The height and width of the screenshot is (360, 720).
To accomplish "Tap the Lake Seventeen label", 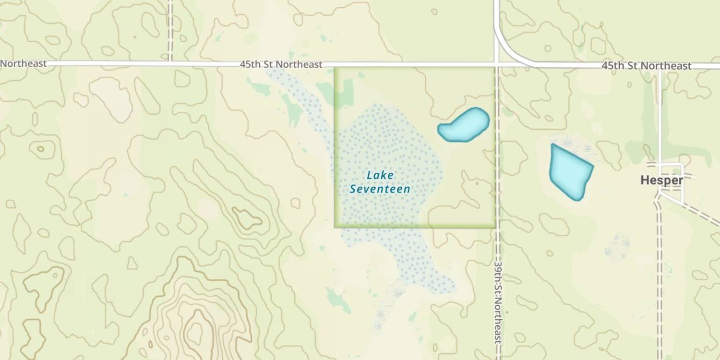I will tap(380, 182).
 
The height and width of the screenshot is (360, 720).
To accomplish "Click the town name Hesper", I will tap(661, 180).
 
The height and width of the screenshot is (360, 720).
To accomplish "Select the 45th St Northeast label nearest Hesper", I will tap(646, 66).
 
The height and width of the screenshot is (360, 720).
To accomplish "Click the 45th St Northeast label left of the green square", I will tap(281, 64).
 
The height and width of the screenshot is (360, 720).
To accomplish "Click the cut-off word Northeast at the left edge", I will tap(23, 63).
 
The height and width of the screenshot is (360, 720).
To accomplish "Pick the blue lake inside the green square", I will tap(464, 125).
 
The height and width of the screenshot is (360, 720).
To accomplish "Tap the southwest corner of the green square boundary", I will tap(335, 227).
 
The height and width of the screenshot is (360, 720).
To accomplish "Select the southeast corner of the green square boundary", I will tap(495, 227).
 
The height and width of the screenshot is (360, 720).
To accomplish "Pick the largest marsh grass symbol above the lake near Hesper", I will tap(568, 141).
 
